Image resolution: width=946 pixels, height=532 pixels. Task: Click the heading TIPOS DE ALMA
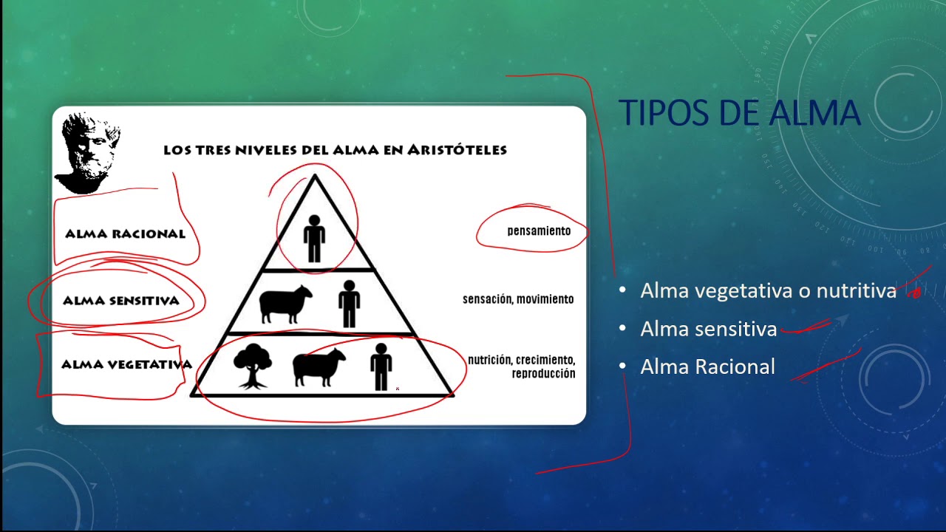click(x=740, y=113)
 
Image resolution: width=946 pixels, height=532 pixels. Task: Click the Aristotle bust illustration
click(x=86, y=152)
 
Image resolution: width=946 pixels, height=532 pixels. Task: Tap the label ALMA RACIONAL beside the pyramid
click(x=125, y=234)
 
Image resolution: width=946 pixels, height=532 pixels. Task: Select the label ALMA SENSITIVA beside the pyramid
click(x=121, y=301)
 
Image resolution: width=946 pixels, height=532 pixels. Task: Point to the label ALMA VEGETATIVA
click(x=126, y=364)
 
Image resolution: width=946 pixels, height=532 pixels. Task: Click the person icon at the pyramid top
click(x=314, y=238)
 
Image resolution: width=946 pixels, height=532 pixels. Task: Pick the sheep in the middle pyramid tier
click(x=285, y=304)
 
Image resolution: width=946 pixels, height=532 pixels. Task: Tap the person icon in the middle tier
click(x=349, y=303)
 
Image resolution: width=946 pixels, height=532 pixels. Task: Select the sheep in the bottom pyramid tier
click(x=319, y=366)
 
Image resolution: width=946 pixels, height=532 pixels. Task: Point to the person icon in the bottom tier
click(x=381, y=366)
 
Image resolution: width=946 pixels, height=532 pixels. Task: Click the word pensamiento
click(x=539, y=231)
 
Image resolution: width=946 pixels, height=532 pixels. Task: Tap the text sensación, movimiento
click(x=518, y=299)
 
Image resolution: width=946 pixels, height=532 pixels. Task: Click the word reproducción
click(x=543, y=374)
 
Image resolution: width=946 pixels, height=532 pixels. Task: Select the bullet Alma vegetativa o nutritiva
click(x=768, y=291)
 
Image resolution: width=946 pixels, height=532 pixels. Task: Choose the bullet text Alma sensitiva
click(x=708, y=329)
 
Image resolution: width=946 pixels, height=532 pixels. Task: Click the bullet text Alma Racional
click(x=707, y=366)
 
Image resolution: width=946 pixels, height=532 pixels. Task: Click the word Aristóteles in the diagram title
click(x=458, y=150)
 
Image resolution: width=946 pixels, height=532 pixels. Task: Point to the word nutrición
click(x=489, y=360)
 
